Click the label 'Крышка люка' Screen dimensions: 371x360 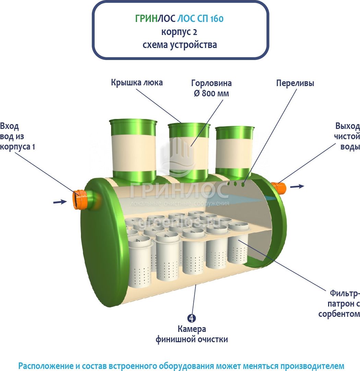coord(136,83)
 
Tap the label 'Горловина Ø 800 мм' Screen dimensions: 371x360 coord(211,88)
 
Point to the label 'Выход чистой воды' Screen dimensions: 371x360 coord(347,136)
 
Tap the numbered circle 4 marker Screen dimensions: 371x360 coord(192,318)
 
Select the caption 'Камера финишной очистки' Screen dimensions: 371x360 coord(192,334)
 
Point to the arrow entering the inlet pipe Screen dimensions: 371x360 coord(60,202)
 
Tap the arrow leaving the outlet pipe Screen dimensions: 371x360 coord(297,186)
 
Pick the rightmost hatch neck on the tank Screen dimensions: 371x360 coord(235,151)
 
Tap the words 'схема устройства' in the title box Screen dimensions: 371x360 coord(180,45)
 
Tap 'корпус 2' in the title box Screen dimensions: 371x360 coord(180,32)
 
